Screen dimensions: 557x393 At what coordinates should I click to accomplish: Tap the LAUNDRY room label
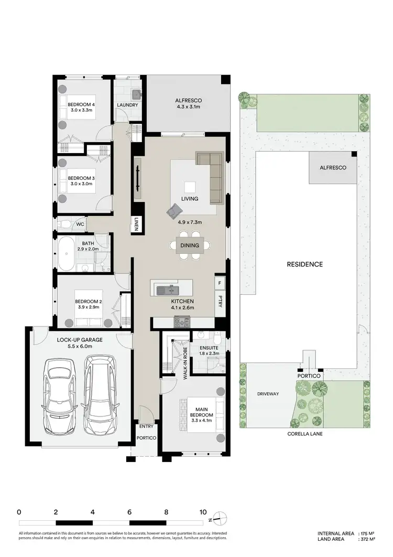click(x=127, y=105)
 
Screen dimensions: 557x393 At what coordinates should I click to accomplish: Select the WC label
click(x=80, y=224)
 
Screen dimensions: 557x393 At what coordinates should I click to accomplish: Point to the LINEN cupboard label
click(x=136, y=224)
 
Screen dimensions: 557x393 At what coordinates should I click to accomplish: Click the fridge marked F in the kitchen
click(x=219, y=284)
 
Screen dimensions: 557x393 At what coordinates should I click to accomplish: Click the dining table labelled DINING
click(x=189, y=245)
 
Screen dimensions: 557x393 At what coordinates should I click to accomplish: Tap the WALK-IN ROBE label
click(x=185, y=358)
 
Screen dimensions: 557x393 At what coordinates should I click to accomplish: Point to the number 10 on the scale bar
click(x=203, y=512)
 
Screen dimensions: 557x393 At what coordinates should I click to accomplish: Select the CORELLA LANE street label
click(x=304, y=434)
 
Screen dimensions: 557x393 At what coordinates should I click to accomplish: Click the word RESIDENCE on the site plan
click(x=304, y=264)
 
